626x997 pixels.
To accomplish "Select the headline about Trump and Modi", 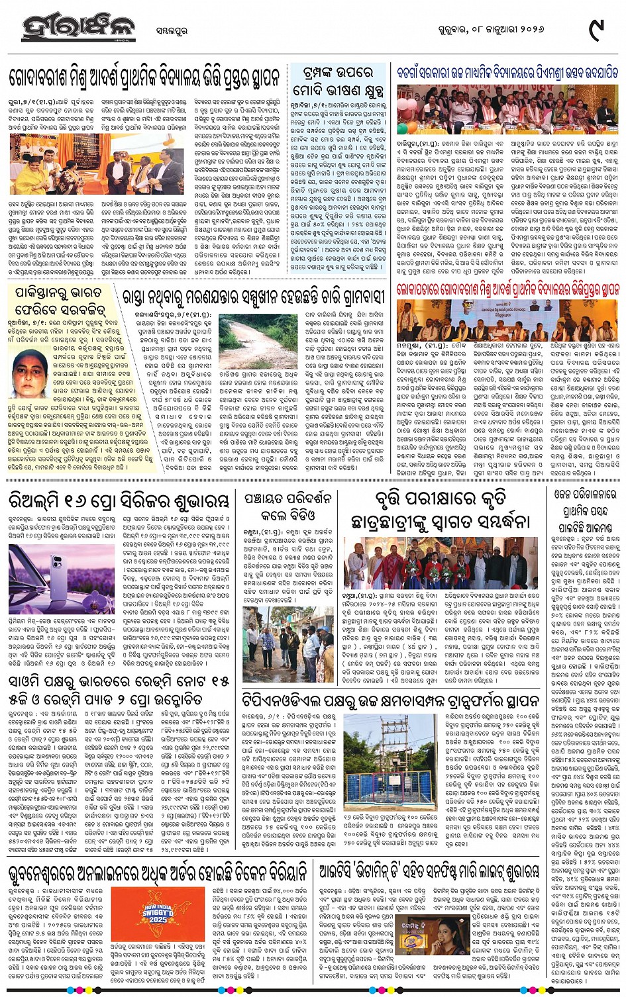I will tap(338, 81).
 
